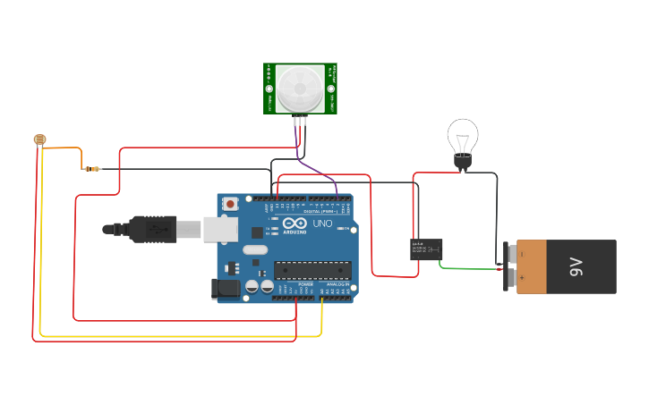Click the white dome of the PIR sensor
pos(300,87)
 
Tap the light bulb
pos(462,140)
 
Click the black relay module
pos(426,249)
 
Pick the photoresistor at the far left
pos(38,139)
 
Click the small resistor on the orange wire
pos(92,168)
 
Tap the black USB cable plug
pos(152,229)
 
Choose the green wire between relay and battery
pos(470,267)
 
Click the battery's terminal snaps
pos(510,266)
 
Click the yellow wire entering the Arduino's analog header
pos(321,317)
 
